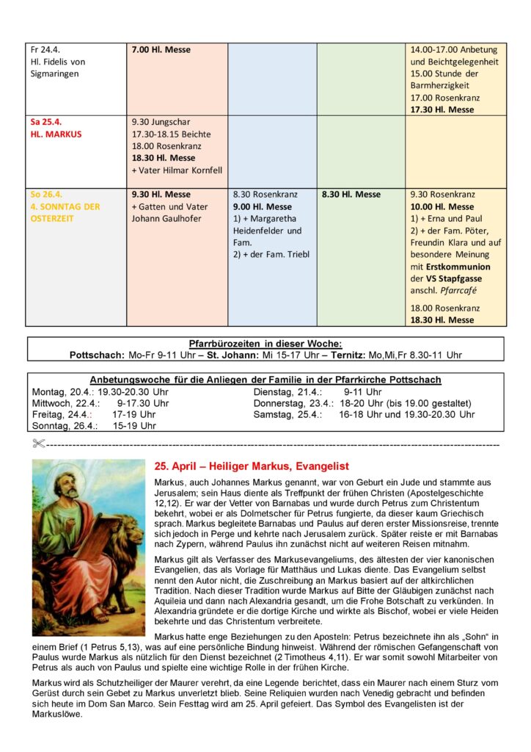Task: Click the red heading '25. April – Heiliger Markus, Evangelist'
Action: (x=252, y=466)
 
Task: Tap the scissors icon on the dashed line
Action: (x=39, y=444)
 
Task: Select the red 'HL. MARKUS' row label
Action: (x=56, y=134)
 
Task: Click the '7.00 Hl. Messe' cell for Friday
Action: (x=161, y=50)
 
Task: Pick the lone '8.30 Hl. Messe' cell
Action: (x=351, y=195)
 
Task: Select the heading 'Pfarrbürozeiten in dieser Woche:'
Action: (x=265, y=343)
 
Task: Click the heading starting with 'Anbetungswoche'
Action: (x=265, y=380)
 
